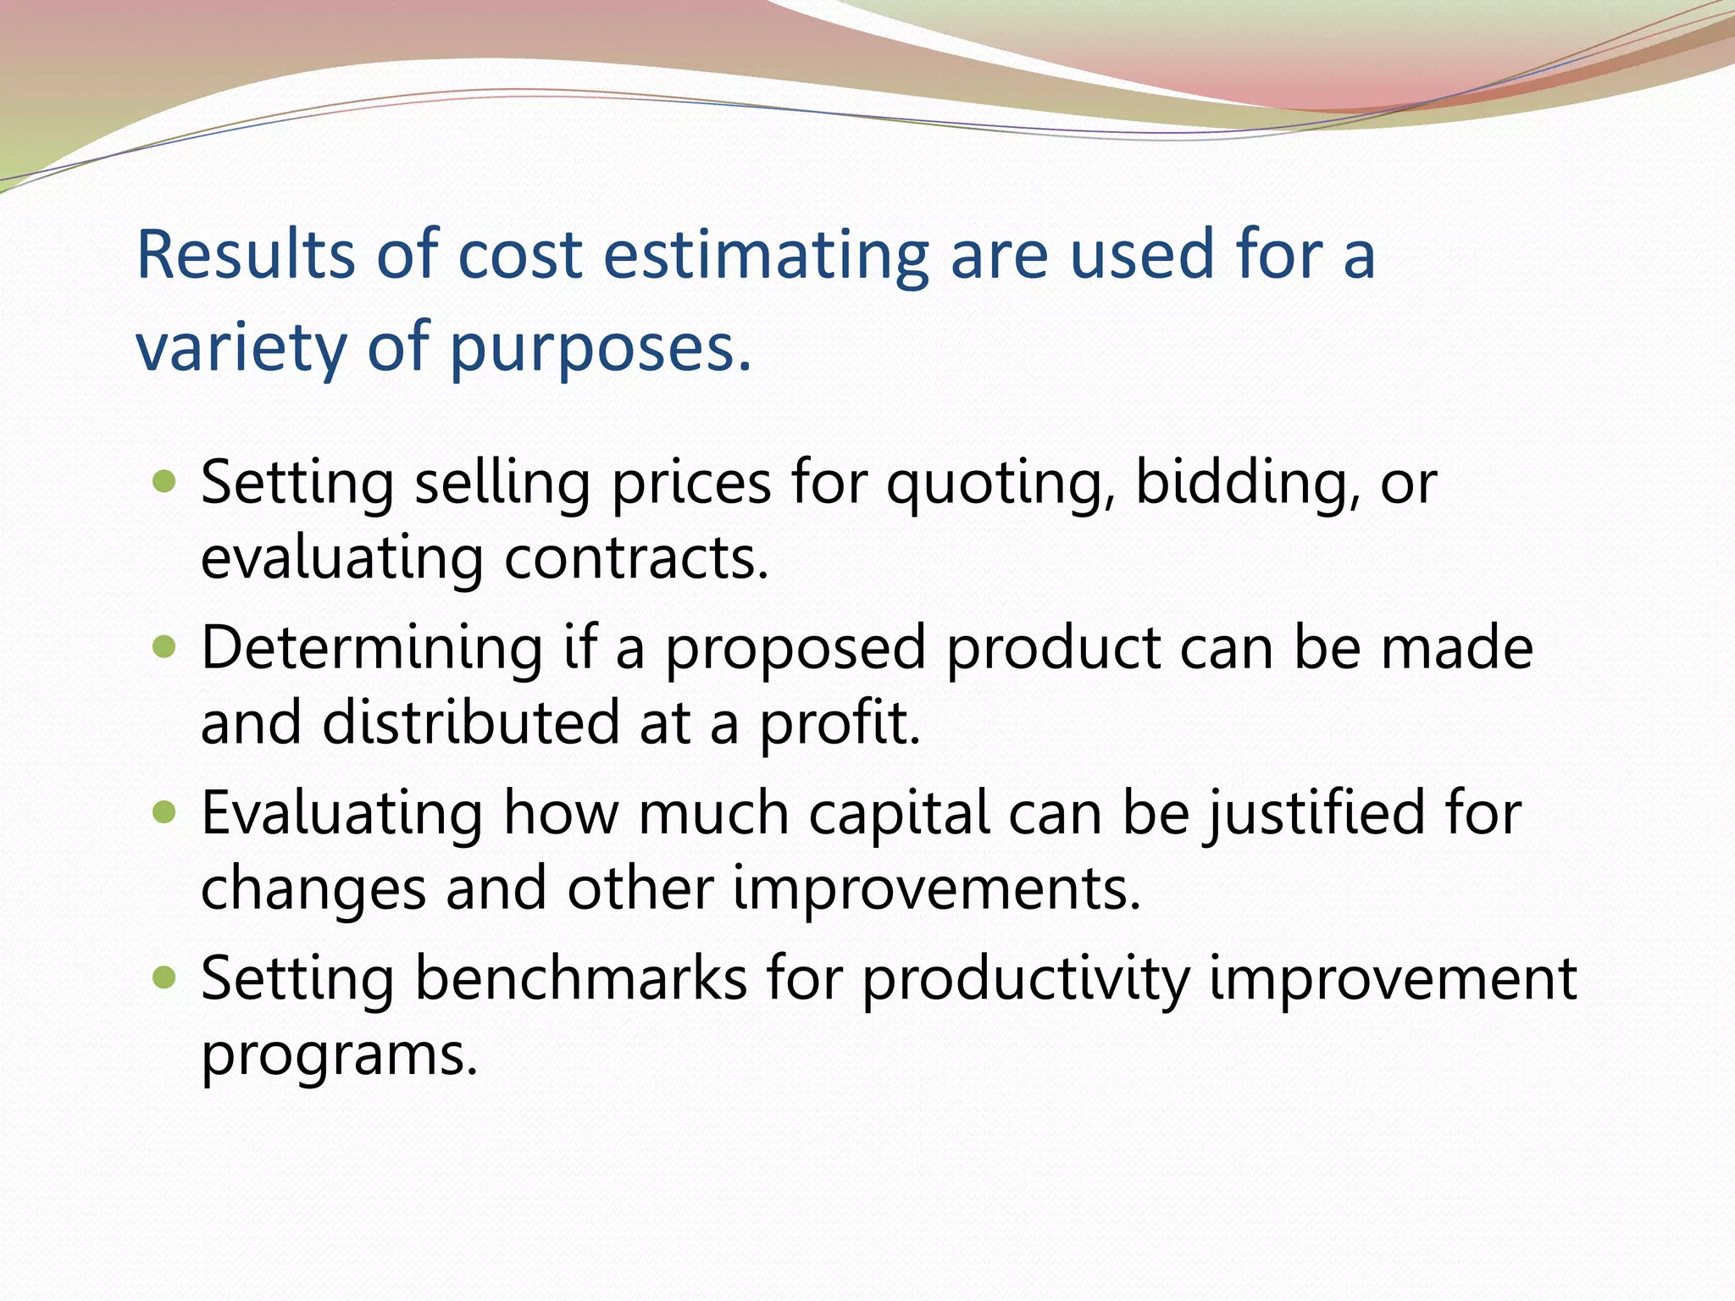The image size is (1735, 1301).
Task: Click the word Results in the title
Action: (245, 254)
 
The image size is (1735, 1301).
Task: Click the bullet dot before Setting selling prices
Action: (164, 483)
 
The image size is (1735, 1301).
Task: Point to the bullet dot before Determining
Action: (164, 648)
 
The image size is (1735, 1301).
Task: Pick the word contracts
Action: (636, 558)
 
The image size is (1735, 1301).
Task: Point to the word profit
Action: (839, 724)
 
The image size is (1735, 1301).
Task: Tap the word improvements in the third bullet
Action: (936, 889)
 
